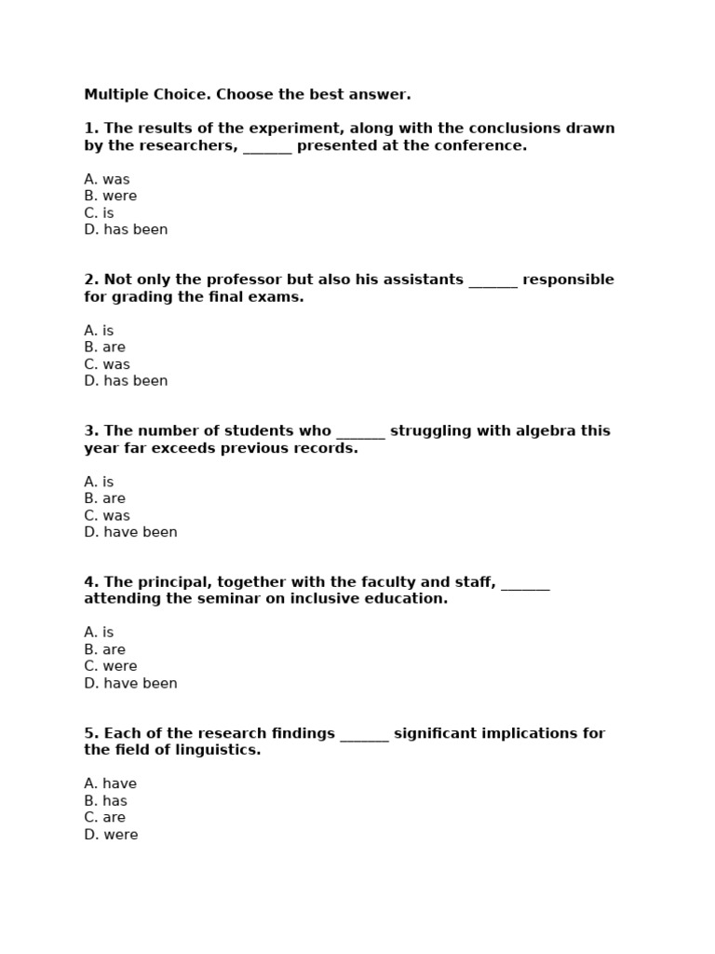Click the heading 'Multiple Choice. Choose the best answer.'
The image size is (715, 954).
tap(247, 95)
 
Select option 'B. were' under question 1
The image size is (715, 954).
tap(110, 197)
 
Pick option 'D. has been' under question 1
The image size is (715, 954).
tap(126, 230)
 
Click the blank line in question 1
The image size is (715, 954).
tap(267, 147)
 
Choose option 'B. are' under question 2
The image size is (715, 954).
tap(104, 348)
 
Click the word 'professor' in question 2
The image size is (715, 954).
tap(209, 280)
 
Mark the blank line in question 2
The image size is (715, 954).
tap(492, 281)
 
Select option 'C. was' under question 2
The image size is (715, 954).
tap(107, 364)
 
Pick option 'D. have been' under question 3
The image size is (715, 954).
tap(130, 533)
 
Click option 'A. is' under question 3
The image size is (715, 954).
tap(99, 482)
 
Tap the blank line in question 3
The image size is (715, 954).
tap(360, 432)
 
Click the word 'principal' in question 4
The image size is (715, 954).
tap(171, 583)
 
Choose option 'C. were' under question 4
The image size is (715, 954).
tap(110, 667)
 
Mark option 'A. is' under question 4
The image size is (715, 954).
tap(99, 633)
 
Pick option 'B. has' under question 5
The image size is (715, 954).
tap(105, 801)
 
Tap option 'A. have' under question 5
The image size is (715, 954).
tap(110, 784)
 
